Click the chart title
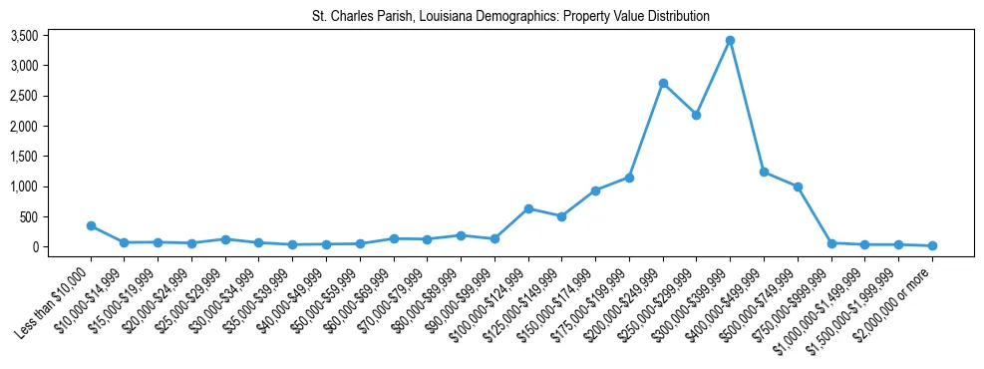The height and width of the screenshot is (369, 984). coord(510,16)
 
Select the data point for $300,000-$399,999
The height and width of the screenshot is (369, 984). coord(730,40)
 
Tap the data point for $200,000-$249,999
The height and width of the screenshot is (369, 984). coord(663,83)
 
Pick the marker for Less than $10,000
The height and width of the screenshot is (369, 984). coord(91,225)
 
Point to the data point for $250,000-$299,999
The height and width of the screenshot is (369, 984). coord(696,115)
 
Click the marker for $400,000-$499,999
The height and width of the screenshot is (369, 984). coord(764,172)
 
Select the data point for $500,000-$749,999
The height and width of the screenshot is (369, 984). coord(798,186)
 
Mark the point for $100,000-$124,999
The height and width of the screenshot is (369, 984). coord(528,208)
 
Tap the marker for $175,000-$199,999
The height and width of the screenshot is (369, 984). coord(629,178)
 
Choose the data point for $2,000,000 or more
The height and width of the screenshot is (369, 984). coord(932,245)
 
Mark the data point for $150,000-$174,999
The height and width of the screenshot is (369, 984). coord(595,190)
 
